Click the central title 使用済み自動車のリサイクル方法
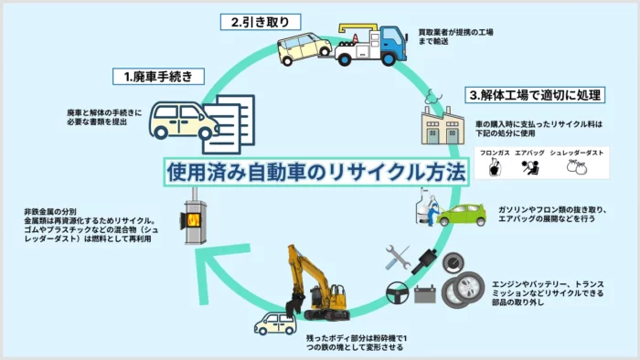316,171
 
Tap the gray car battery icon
425,294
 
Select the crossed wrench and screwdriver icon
398,257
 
